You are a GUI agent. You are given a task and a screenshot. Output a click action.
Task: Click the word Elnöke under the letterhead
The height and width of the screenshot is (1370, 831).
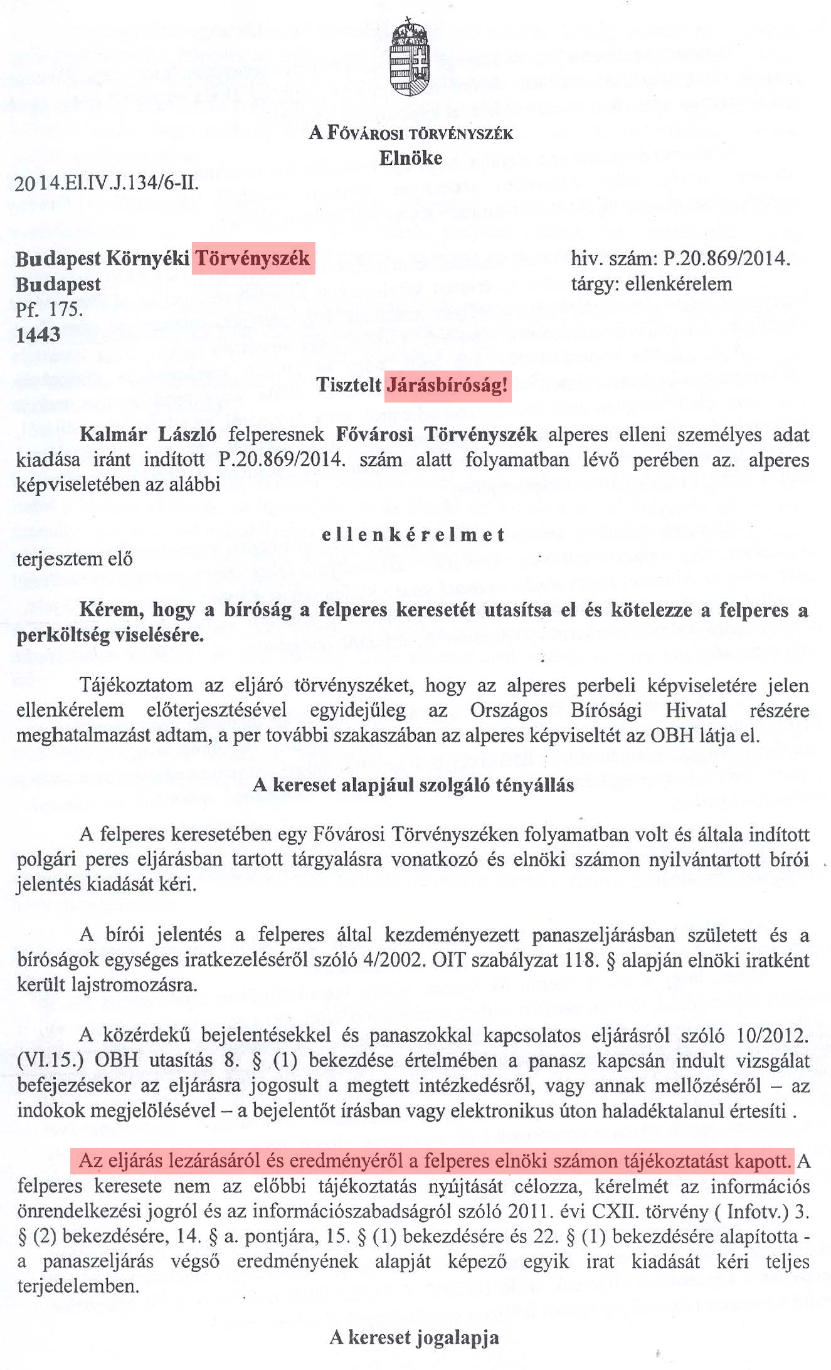(410, 158)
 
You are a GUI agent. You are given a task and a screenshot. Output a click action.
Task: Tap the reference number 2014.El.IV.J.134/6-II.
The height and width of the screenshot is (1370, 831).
(107, 184)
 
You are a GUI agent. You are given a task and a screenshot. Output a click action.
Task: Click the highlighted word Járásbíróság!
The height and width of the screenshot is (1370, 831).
(447, 384)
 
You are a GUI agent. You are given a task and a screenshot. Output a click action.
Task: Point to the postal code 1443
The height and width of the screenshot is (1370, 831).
(38, 335)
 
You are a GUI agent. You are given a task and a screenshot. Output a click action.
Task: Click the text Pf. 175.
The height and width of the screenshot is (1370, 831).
(49, 310)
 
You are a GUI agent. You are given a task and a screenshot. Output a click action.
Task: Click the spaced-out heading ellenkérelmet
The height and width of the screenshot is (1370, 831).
(413, 535)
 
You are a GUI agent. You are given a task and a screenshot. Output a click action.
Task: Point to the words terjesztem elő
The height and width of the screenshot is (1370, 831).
(75, 559)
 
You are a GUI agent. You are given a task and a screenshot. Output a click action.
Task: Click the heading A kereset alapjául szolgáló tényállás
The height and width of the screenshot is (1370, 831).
(413, 785)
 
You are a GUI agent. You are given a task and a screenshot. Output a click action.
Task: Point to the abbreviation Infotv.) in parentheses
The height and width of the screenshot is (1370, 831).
(757, 1211)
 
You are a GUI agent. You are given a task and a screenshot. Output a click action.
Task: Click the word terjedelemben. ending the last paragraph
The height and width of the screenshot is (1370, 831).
(78, 1287)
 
